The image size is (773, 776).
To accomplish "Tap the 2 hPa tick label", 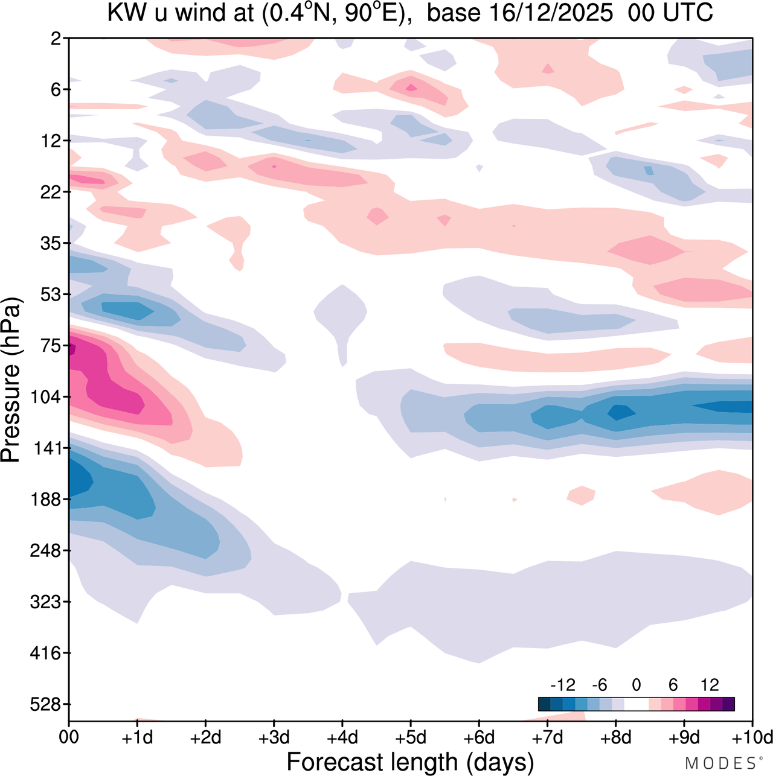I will (56, 39).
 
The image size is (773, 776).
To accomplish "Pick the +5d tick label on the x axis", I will (411, 737).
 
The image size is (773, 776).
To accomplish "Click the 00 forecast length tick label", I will (69, 737).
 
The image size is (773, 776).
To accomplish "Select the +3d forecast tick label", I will (274, 737).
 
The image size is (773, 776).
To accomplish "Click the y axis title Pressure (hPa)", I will (11, 380).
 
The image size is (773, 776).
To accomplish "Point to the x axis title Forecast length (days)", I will (410, 762).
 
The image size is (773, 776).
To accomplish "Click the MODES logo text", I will (720, 763).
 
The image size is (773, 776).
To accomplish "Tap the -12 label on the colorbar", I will (562, 685).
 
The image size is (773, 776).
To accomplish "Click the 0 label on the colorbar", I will (637, 685).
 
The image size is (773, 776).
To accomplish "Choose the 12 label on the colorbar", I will (710, 685).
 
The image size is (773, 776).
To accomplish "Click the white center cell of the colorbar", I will (637, 704).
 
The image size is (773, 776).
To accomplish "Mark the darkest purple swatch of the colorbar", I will (728, 704).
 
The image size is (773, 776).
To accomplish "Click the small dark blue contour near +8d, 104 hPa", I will (621, 412).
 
